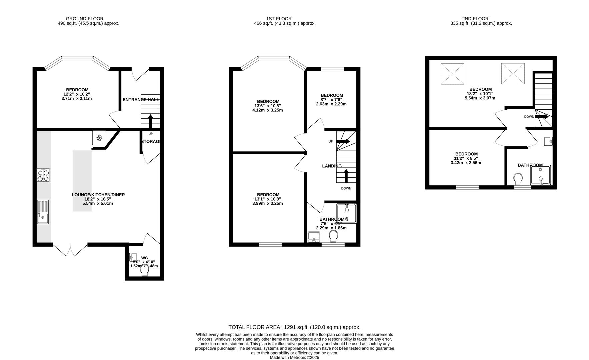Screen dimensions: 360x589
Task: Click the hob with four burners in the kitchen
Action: [43, 175]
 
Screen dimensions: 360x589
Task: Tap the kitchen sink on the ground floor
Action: [43, 212]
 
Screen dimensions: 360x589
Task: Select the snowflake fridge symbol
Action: [99, 138]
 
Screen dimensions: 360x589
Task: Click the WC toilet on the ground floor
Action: [144, 272]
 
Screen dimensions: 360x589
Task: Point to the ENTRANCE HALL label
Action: [141, 100]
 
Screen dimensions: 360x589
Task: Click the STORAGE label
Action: [151, 141]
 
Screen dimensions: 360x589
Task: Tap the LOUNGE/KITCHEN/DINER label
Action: [98, 195]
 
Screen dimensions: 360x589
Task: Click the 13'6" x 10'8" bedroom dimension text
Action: [268, 106]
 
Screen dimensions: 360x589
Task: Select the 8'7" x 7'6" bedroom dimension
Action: [331, 100]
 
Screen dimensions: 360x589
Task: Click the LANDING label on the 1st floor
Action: [332, 166]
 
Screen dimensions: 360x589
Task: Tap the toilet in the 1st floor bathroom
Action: [333, 236]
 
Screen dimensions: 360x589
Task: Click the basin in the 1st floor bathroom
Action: [314, 237]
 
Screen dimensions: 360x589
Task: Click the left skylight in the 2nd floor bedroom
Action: [452, 74]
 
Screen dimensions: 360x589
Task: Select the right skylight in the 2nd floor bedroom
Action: [513, 73]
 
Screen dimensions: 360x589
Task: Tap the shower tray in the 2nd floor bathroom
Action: [540, 175]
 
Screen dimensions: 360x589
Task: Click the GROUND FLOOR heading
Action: [85, 19]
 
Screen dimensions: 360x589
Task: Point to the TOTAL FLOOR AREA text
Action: [294, 327]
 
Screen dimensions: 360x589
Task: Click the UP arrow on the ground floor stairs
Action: [150, 121]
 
